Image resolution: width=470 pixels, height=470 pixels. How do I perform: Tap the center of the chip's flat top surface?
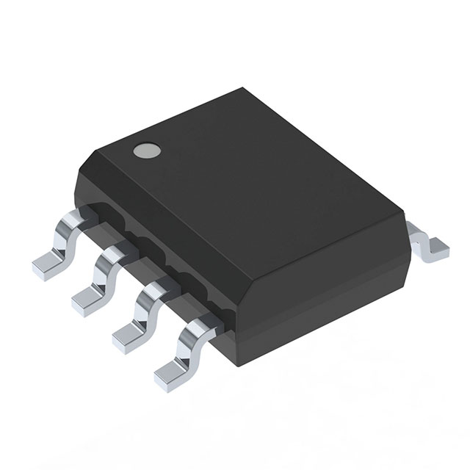click(250, 176)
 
